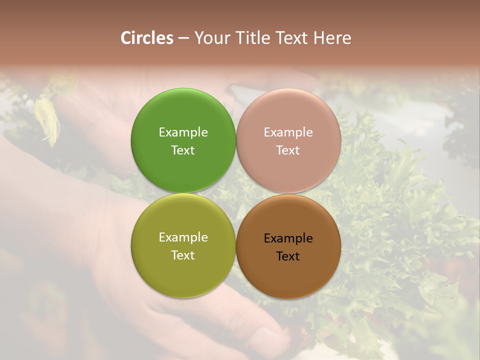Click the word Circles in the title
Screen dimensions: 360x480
tap(147, 38)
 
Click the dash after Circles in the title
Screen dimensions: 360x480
tap(183, 38)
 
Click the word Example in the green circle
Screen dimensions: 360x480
tap(183, 132)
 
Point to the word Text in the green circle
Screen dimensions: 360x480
tap(183, 150)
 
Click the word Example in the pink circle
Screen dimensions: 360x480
tap(288, 132)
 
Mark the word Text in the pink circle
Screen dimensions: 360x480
tap(288, 150)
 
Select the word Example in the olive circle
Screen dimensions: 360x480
tap(183, 237)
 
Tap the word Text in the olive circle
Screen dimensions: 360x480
tap(183, 255)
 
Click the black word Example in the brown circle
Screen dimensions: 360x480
tap(288, 238)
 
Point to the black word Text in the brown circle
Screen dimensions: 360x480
tap(288, 256)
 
